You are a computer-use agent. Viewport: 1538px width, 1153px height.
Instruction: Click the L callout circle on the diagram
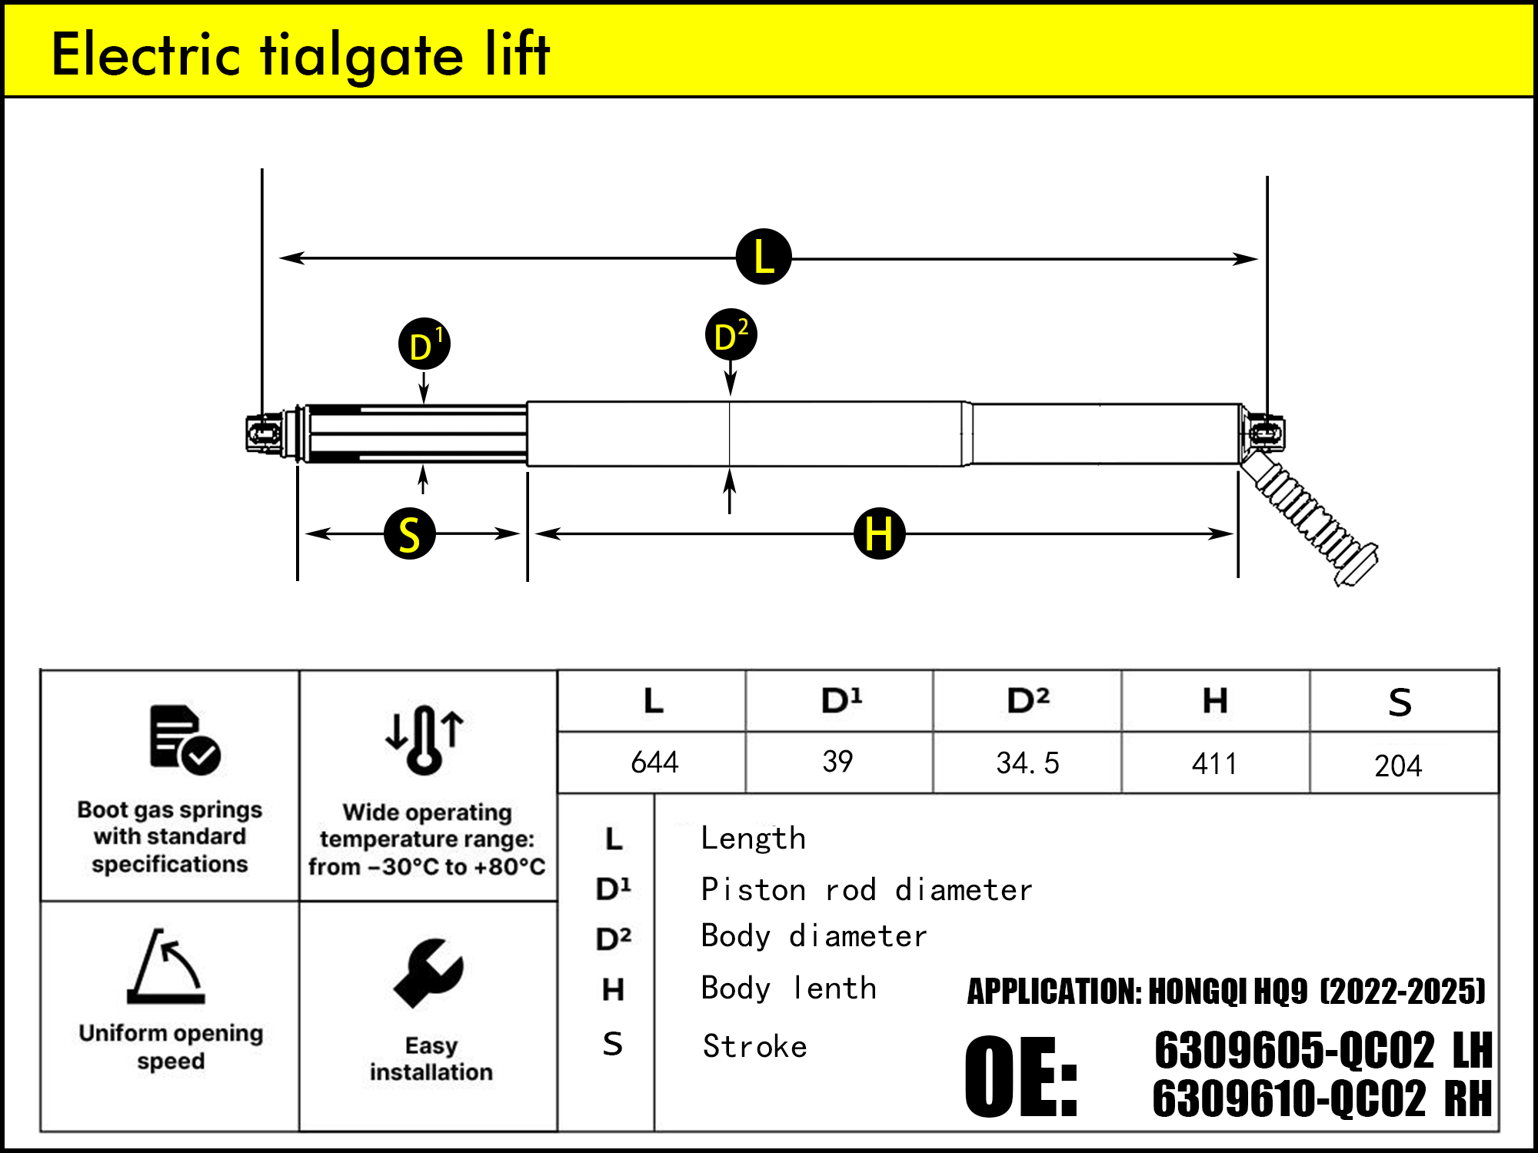click(764, 257)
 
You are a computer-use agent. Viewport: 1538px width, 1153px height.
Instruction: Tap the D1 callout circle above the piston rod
click(424, 344)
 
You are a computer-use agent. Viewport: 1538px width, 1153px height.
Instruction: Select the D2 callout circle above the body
click(731, 335)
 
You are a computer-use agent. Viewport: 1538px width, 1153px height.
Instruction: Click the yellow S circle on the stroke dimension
click(410, 533)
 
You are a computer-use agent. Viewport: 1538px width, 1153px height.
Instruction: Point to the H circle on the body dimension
click(879, 533)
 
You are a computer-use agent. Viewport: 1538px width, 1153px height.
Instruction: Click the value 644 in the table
click(654, 763)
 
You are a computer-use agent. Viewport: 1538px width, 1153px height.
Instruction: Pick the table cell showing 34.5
click(1027, 763)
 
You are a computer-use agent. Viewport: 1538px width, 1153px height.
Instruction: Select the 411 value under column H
click(1215, 764)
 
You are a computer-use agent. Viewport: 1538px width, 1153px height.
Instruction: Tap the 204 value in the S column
click(1398, 766)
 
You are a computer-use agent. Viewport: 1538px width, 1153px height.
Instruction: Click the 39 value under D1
click(837, 762)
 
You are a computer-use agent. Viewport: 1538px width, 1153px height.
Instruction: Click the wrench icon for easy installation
click(428, 973)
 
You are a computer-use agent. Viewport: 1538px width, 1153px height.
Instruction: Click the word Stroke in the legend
click(755, 1047)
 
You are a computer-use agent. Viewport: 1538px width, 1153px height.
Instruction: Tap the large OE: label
click(1021, 1076)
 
